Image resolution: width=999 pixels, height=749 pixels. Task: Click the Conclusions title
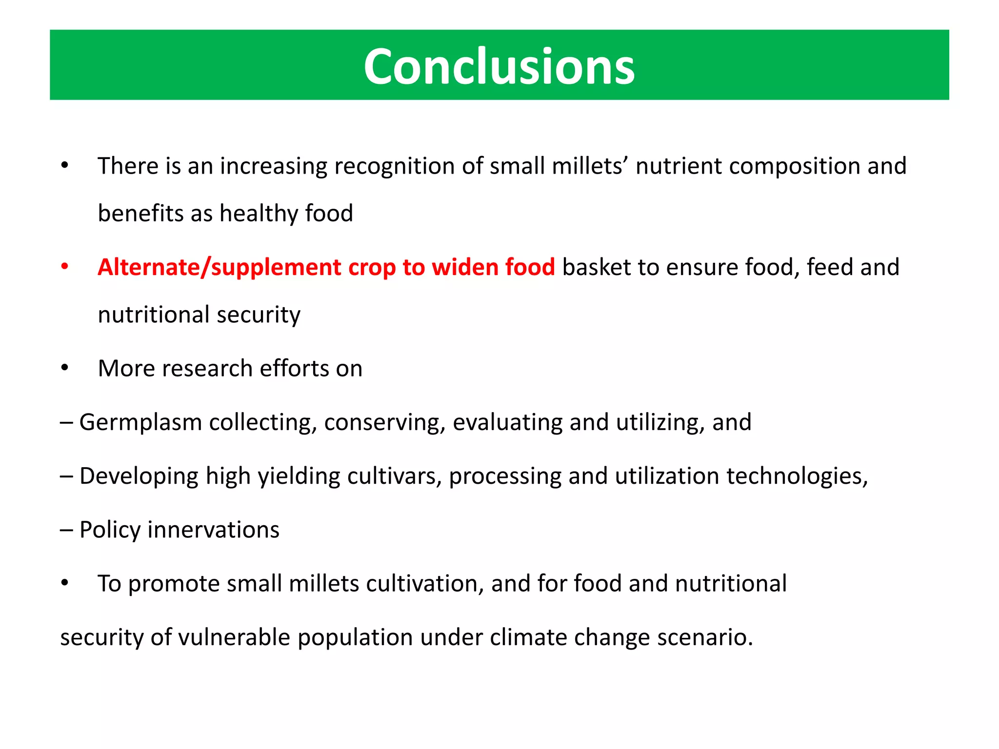pyautogui.click(x=499, y=66)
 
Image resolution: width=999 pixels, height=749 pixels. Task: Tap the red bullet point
pyautogui.click(x=64, y=267)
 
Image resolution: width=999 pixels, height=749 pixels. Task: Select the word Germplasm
pyautogui.click(x=140, y=422)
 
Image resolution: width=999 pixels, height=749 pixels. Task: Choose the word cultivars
pyautogui.click(x=395, y=476)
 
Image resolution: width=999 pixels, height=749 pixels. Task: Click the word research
pyautogui.click(x=207, y=369)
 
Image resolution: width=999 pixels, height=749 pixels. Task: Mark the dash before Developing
pyautogui.click(x=66, y=476)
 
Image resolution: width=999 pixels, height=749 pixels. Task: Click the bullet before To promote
pyautogui.click(x=64, y=583)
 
